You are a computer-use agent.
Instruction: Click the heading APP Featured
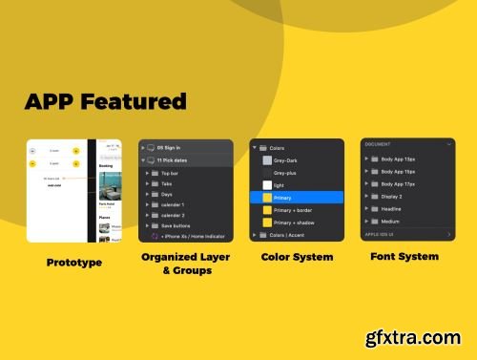pos(105,101)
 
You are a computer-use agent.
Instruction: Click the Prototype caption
pos(73,261)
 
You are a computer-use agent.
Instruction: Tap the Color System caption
pos(296,257)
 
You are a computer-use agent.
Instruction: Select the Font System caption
pos(404,256)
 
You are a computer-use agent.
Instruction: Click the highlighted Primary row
pos(296,198)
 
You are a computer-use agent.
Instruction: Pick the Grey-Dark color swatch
pos(268,160)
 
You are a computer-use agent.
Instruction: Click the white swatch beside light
pos(268,185)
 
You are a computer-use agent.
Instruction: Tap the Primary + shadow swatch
pos(267,222)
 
